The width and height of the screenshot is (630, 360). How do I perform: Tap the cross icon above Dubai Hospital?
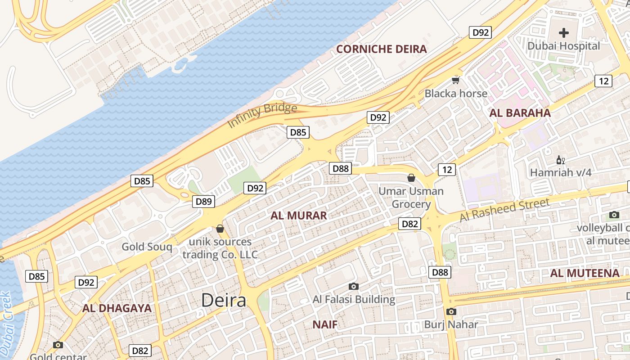coord(564,32)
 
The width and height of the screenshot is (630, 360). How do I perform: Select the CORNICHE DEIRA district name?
coord(382,49)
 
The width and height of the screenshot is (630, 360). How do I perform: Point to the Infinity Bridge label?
coord(262,115)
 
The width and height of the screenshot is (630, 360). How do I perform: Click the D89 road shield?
coord(204,201)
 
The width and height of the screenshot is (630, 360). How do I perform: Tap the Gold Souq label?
coord(147,247)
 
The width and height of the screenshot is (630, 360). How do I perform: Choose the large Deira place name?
coord(224,300)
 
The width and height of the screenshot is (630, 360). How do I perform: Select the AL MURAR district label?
coord(299,216)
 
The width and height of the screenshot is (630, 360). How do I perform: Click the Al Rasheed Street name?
coord(504,210)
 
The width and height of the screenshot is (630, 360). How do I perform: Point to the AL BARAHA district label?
coord(520,113)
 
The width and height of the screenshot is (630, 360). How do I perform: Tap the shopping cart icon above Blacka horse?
coord(456,81)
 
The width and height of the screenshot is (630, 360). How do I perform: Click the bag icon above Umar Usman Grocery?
coord(411,178)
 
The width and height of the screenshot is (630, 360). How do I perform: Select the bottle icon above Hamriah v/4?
coord(560,160)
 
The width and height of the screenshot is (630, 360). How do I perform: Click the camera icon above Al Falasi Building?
coord(354,286)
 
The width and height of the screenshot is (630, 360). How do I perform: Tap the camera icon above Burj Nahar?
coord(451,311)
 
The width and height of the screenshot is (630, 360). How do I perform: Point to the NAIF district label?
coord(325,324)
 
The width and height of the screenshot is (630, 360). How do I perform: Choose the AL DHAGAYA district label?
coord(117,308)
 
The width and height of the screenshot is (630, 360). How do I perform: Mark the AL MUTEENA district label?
coord(585,273)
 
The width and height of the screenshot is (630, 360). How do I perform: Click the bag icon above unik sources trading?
coord(220,229)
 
